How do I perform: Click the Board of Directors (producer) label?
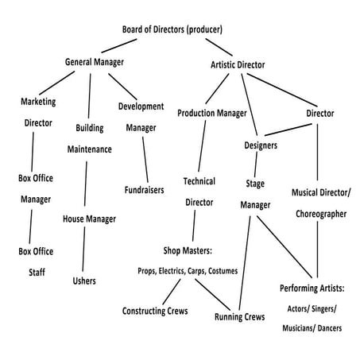(x=172, y=29)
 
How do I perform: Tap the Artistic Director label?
(x=238, y=64)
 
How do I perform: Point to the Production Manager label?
(x=211, y=113)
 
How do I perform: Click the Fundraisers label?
(x=144, y=190)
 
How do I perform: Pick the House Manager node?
(x=89, y=219)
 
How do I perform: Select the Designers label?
(x=260, y=145)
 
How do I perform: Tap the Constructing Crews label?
(x=155, y=311)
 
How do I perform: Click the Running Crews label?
(x=239, y=317)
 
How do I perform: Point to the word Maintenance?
(x=89, y=149)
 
